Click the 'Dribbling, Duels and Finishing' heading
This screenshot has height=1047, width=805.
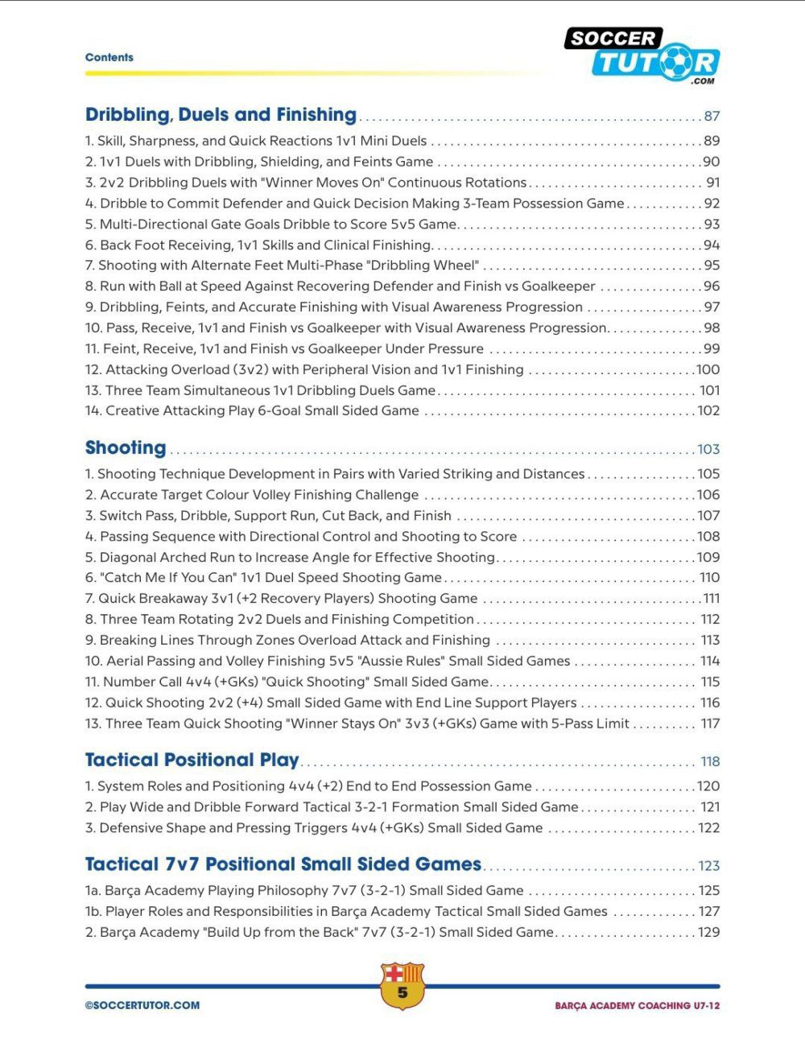coord(221,115)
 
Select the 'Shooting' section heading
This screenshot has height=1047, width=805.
coord(126,448)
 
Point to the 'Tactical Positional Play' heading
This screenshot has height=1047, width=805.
coord(192,761)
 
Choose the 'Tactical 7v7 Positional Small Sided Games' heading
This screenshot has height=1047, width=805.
coord(283,864)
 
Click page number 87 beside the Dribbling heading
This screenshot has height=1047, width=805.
coord(711,117)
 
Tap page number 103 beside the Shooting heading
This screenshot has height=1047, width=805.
coord(708,450)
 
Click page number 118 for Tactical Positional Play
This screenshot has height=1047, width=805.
coord(710,762)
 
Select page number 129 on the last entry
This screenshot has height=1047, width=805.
coord(708,933)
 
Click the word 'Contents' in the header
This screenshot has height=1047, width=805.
coord(109,57)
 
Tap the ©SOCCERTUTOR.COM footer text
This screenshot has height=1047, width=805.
coord(142,1005)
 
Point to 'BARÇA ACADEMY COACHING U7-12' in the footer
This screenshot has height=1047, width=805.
coord(637,1006)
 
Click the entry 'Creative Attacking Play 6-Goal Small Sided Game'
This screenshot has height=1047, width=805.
coord(262,411)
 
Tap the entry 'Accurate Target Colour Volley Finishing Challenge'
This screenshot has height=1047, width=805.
coord(259,495)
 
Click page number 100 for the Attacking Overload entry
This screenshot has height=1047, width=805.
coord(708,370)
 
